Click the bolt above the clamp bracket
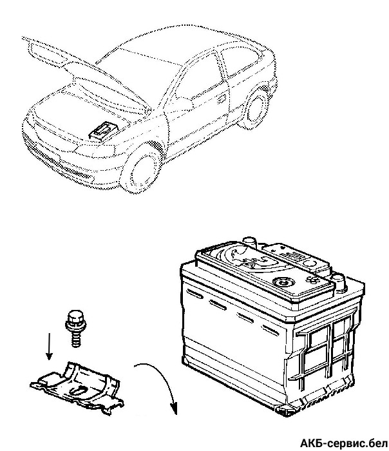[x=73, y=327]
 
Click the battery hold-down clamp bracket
[x=76, y=386]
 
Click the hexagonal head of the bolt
[x=73, y=318]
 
